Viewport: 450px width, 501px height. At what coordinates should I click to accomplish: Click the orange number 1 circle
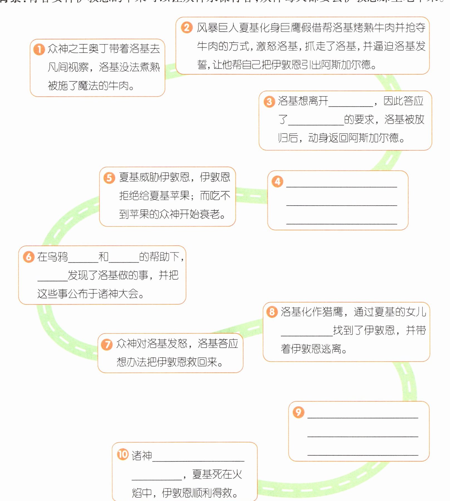[39, 49]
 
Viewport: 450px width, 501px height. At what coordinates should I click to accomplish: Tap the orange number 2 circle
[187, 28]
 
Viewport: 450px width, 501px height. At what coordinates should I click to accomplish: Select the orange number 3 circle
[269, 102]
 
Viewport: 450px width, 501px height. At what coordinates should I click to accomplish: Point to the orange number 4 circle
[277, 181]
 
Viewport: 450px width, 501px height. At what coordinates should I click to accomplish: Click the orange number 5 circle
[109, 178]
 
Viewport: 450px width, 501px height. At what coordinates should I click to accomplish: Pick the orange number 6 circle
[29, 257]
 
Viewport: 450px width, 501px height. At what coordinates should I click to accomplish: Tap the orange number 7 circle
[107, 345]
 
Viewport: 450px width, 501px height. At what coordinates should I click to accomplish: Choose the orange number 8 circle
[272, 312]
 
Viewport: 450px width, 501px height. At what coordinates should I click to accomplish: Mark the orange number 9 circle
[298, 412]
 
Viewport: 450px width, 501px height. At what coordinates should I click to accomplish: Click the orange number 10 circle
[123, 455]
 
